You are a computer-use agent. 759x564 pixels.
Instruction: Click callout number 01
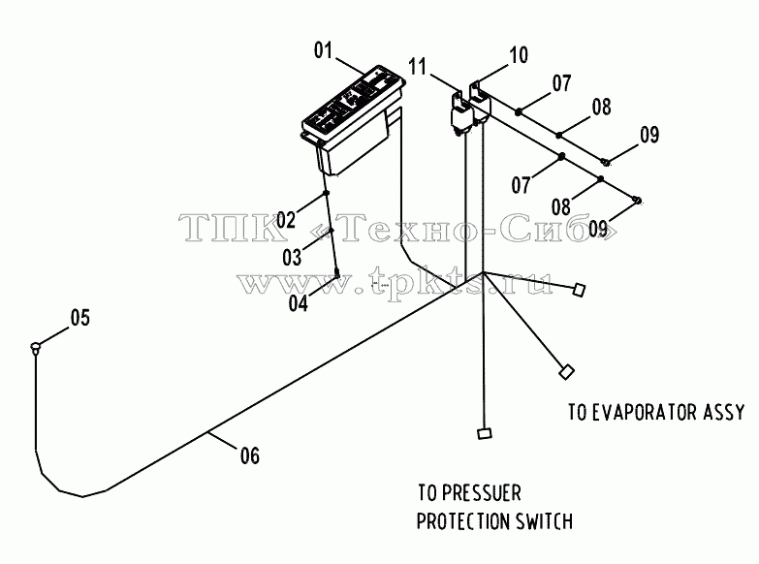(324, 49)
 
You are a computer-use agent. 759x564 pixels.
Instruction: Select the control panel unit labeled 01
(353, 118)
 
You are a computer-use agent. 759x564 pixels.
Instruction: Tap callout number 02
(286, 220)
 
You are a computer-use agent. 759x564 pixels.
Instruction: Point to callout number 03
(292, 258)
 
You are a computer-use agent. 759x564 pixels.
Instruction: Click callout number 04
(299, 303)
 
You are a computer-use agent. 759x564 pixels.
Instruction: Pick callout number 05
(80, 318)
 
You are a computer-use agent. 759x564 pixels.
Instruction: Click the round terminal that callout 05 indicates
(35, 347)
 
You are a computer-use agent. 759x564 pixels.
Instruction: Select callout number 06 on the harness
(250, 455)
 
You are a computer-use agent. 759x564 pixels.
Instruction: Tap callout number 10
(519, 54)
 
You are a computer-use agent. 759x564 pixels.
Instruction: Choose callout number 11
(418, 66)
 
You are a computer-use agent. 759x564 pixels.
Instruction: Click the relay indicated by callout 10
(480, 103)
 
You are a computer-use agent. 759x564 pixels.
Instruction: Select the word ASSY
(724, 412)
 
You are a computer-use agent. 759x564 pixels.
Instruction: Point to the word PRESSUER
(482, 493)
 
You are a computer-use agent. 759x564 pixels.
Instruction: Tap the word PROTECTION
(463, 522)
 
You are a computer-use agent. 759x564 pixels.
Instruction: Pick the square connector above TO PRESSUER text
(484, 433)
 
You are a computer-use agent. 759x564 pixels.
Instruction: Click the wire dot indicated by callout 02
(327, 193)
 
